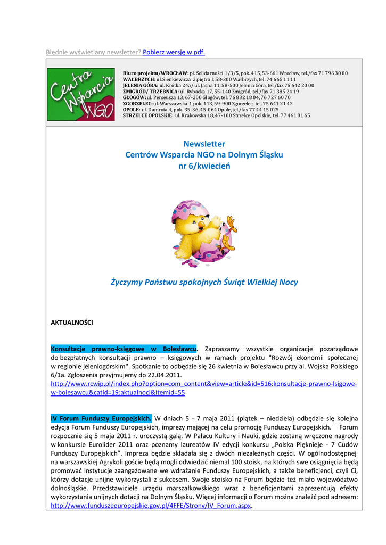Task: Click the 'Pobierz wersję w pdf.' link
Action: (x=174, y=52)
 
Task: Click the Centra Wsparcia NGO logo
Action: (x=80, y=94)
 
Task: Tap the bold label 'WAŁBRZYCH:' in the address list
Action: (x=139, y=79)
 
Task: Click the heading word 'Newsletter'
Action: (x=204, y=144)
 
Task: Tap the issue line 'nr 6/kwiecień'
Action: (x=204, y=167)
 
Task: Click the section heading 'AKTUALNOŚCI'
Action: (x=71, y=323)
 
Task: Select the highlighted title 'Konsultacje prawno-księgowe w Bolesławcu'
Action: (x=124, y=348)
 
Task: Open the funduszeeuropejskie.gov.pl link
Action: (x=148, y=506)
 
